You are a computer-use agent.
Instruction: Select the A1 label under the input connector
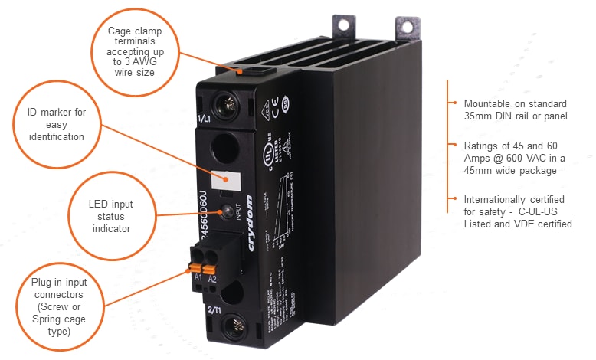pyautogui.click(x=198, y=276)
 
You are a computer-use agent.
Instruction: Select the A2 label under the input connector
pyautogui.click(x=212, y=279)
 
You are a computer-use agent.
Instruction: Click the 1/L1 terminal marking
pyautogui.click(x=204, y=119)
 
